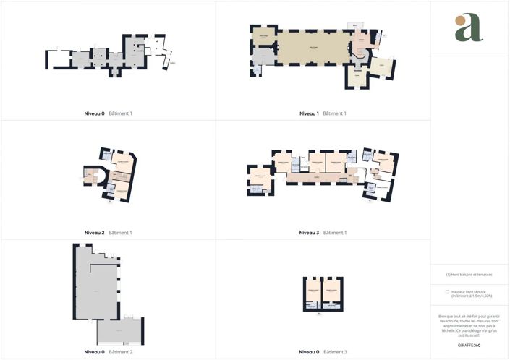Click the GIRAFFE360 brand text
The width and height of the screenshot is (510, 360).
469,346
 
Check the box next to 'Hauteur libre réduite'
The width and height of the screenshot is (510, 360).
447,291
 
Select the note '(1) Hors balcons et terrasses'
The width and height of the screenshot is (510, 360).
469,275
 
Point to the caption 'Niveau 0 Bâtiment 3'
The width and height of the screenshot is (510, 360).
323,352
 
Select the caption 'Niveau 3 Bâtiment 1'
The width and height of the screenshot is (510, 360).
323,233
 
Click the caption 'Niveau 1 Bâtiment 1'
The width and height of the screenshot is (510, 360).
323,113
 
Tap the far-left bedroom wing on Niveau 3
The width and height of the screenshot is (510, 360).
258,176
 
